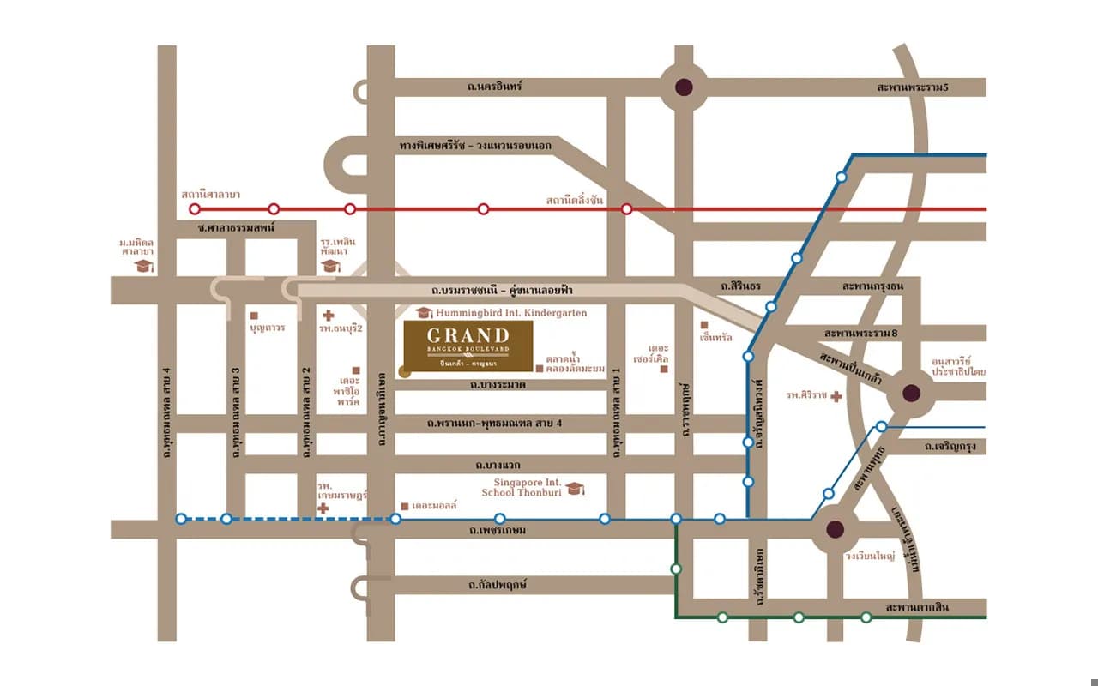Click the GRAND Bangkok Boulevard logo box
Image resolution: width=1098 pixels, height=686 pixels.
(x=468, y=348)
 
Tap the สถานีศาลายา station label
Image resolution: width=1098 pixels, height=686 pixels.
(x=211, y=195)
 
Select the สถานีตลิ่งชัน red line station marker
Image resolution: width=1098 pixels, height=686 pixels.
(x=627, y=209)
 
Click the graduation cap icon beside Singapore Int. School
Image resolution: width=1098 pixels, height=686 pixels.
(x=576, y=488)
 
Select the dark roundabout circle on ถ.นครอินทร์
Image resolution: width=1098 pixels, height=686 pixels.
(x=684, y=87)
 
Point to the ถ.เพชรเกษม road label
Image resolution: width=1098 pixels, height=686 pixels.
(x=498, y=531)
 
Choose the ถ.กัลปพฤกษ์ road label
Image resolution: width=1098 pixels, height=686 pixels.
(x=498, y=585)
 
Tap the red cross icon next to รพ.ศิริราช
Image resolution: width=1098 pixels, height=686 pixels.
(x=837, y=395)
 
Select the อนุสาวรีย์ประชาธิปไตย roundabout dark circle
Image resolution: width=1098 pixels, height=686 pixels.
(x=911, y=394)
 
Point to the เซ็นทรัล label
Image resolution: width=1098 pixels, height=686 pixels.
(x=716, y=337)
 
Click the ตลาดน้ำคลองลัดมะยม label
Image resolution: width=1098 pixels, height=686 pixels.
(x=576, y=363)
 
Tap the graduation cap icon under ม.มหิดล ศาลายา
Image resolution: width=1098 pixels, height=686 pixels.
(x=143, y=267)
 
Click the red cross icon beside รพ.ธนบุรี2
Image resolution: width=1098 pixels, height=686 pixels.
(x=328, y=316)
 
